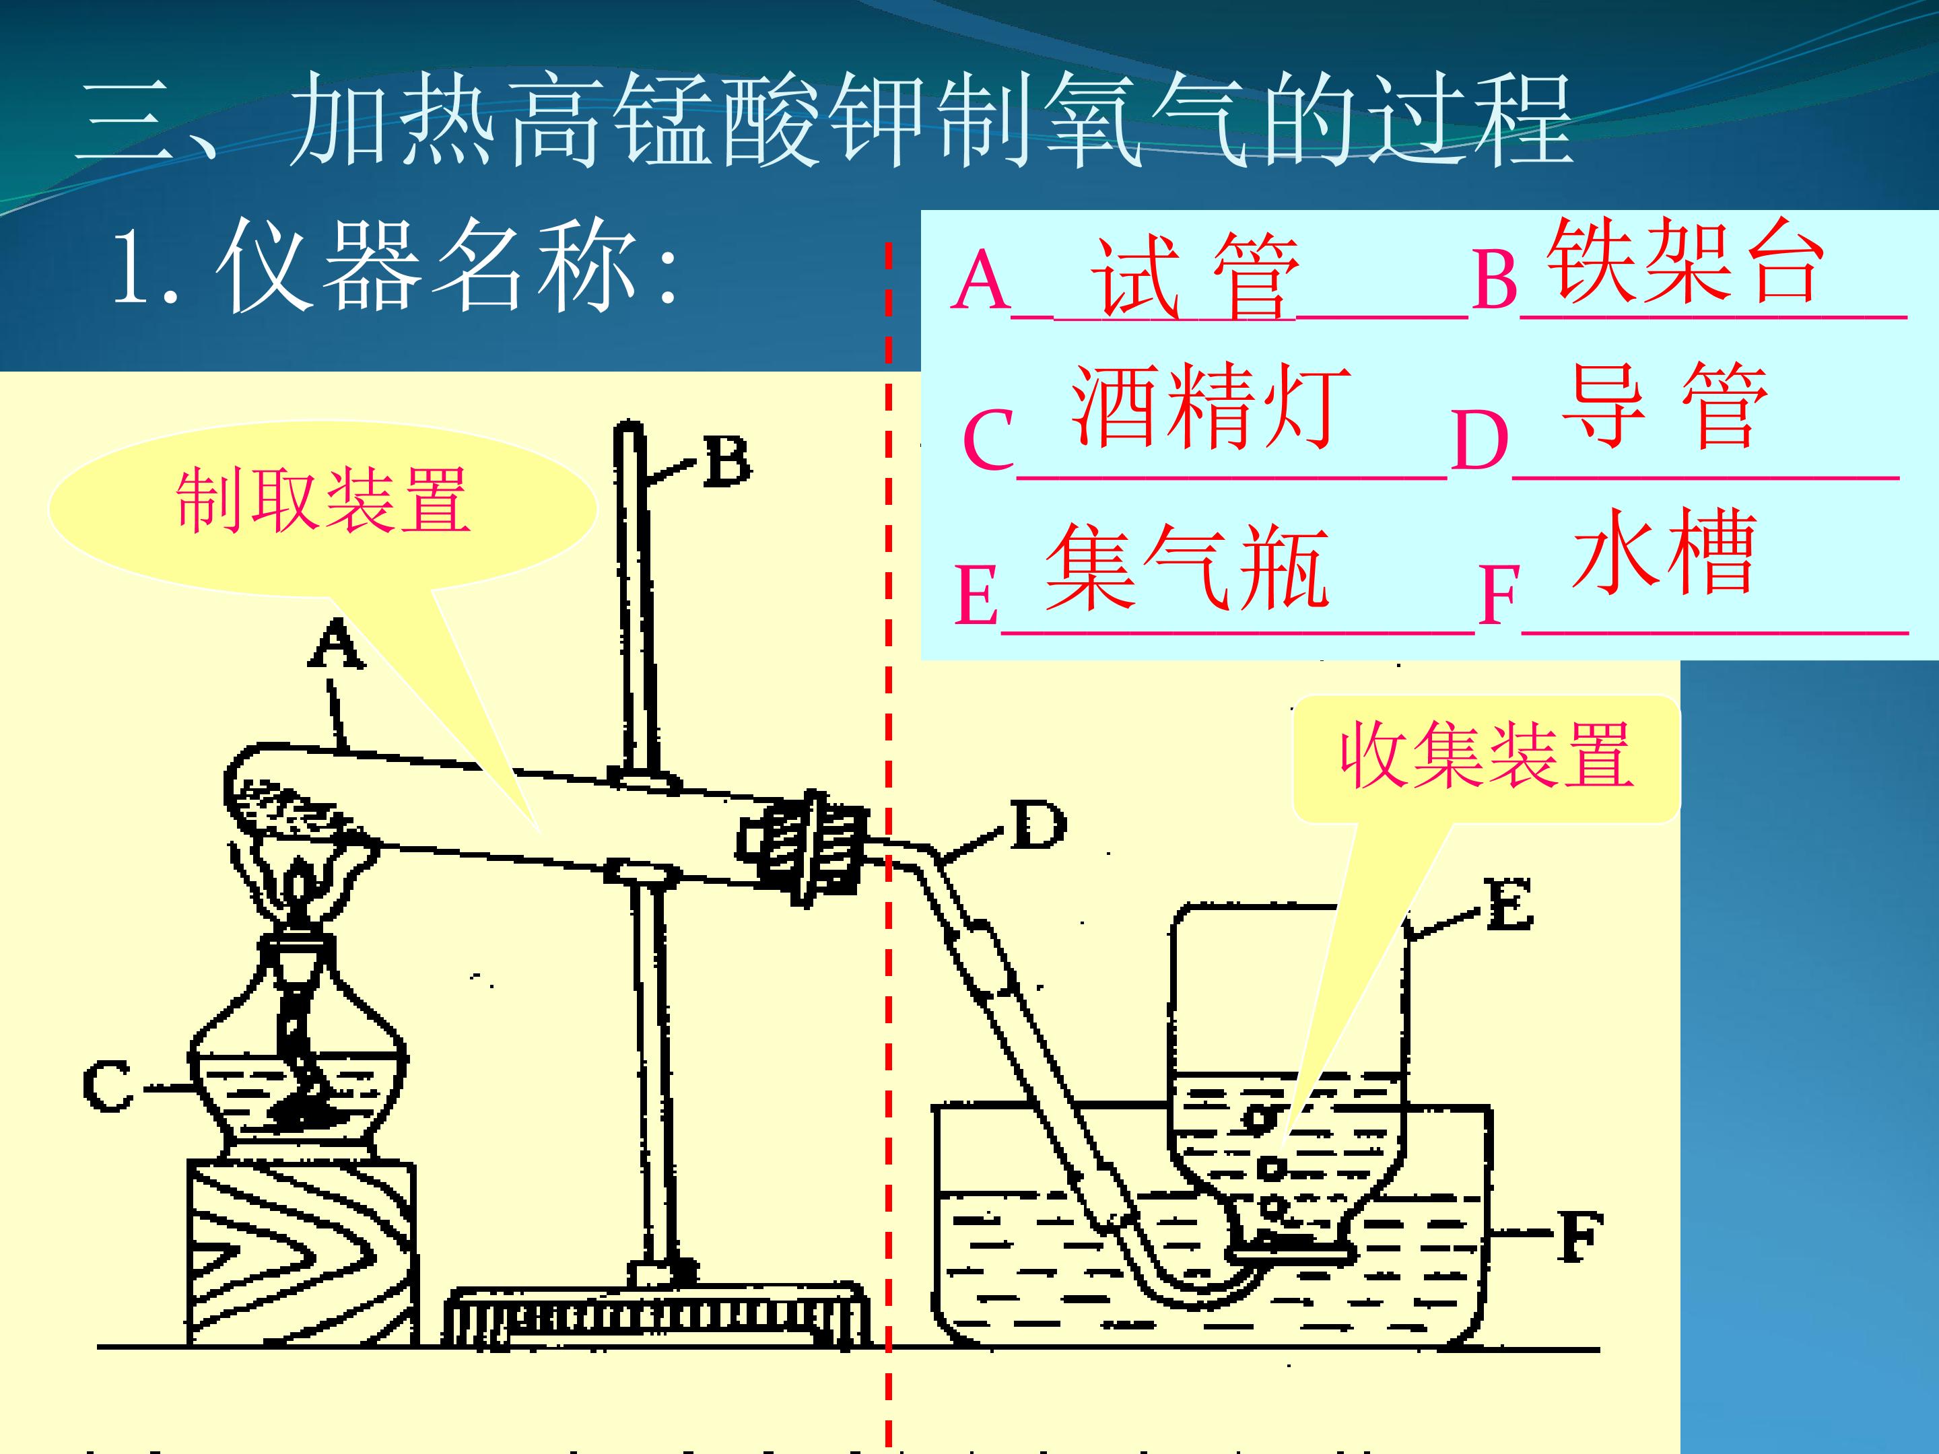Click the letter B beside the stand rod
coord(726,461)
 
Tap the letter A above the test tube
coord(337,642)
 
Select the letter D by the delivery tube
coord(1038,824)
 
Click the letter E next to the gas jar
coord(1509,905)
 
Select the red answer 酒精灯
coord(1211,406)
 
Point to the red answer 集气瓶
coord(1188,567)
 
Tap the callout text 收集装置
coord(1487,755)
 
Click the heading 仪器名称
coord(394,265)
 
